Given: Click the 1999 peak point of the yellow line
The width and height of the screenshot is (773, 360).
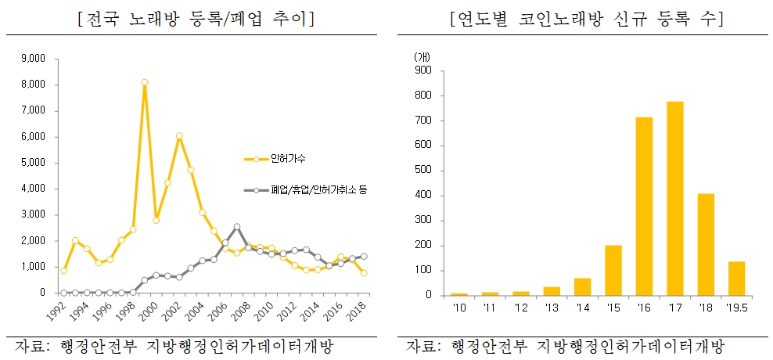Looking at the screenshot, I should tap(145, 82).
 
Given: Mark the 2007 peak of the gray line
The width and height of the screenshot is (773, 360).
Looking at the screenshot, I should tap(236, 227).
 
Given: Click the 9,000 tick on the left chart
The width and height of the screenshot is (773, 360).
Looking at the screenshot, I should tap(35, 59).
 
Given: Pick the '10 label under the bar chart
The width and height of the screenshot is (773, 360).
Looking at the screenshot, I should tap(458, 307).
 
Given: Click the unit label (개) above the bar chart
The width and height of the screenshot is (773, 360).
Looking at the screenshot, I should tap(421, 56).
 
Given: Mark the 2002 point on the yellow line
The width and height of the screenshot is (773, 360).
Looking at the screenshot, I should tap(179, 136).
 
